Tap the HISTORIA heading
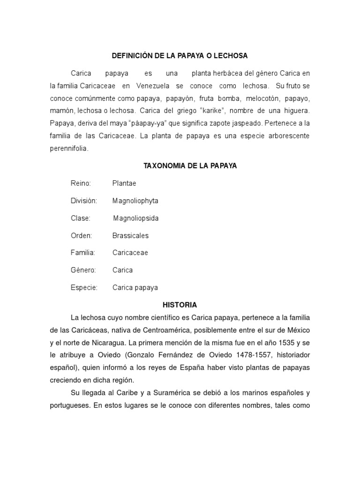click(180, 305)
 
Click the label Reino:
click(81, 183)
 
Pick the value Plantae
click(124, 183)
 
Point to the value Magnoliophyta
click(135, 201)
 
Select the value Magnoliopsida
click(136, 218)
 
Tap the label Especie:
click(84, 287)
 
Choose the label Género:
click(83, 270)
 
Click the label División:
click(84, 201)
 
